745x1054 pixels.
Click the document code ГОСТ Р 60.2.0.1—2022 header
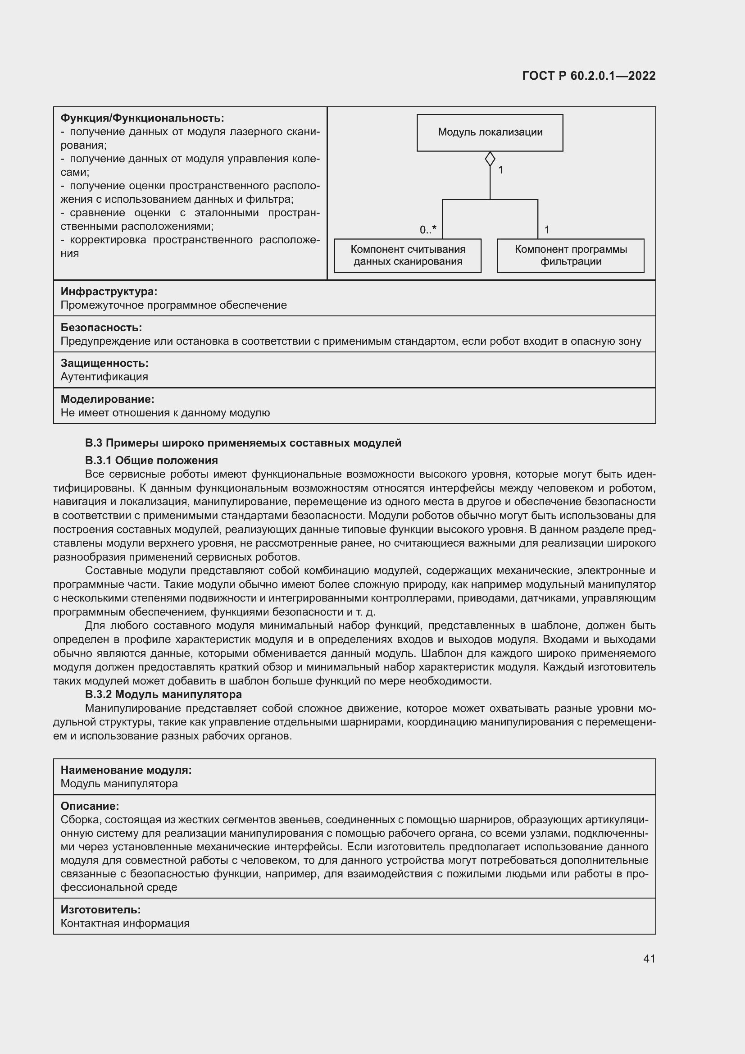pyautogui.click(x=589, y=76)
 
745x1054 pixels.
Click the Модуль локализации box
pyautogui.click(x=490, y=132)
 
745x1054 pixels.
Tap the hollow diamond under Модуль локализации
pyautogui.click(x=490, y=159)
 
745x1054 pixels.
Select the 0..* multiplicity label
pyautogui.click(x=427, y=229)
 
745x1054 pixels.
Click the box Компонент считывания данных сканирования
pyautogui.click(x=407, y=256)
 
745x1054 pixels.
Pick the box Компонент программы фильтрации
pyautogui.click(x=570, y=256)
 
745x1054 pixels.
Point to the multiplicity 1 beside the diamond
pyautogui.click(x=500, y=170)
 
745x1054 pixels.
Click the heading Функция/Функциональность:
pyautogui.click(x=142, y=119)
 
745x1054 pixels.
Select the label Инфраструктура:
pyautogui.click(x=109, y=292)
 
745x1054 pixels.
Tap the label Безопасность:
pyautogui.click(x=101, y=327)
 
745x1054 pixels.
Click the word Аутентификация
pyautogui.click(x=104, y=376)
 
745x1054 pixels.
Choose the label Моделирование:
pyautogui.click(x=107, y=399)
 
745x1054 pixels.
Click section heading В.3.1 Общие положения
pyautogui.click(x=151, y=460)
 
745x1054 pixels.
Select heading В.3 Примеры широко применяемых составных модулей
pyautogui.click(x=243, y=443)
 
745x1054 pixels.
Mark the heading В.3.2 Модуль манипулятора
pyautogui.click(x=164, y=694)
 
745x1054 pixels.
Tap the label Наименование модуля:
pyautogui.click(x=126, y=770)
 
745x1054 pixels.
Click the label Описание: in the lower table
pyautogui.click(x=90, y=806)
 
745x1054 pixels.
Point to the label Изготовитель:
pyautogui.click(x=100, y=909)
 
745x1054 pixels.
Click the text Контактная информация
pyautogui.click(x=125, y=923)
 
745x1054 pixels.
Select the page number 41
pyautogui.click(x=649, y=958)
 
